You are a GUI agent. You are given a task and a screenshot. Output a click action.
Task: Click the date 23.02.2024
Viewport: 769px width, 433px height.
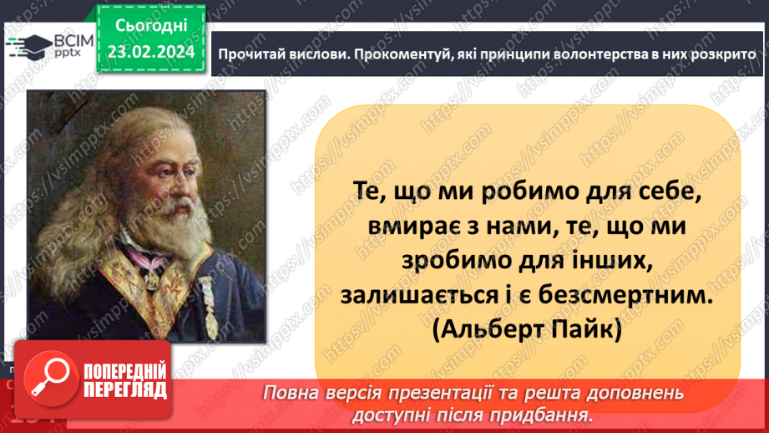pos(150,52)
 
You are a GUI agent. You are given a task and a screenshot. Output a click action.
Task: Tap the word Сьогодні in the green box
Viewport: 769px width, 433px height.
pos(150,27)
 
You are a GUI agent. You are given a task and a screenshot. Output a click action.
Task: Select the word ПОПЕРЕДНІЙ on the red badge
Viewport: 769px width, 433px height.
pos(125,371)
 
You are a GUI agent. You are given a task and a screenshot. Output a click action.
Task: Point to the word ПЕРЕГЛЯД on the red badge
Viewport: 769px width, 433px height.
pos(125,389)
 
